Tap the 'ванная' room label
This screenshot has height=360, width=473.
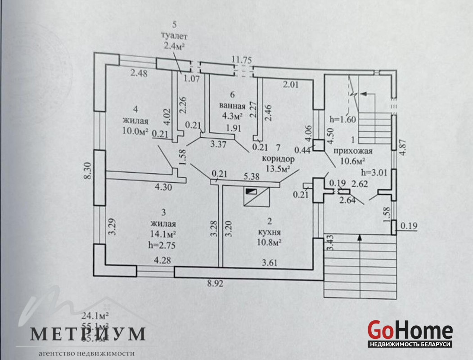click(x=232, y=106)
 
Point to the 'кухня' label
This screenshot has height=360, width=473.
click(x=270, y=233)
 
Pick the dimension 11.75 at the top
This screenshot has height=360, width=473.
click(x=241, y=59)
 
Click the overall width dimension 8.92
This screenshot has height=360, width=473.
click(x=215, y=283)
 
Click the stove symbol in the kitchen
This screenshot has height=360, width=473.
click(x=252, y=191)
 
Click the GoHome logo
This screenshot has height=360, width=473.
click(x=410, y=331)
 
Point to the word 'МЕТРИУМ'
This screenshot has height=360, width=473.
click(x=88, y=333)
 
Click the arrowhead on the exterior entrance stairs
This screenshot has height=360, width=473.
click(x=359, y=237)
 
